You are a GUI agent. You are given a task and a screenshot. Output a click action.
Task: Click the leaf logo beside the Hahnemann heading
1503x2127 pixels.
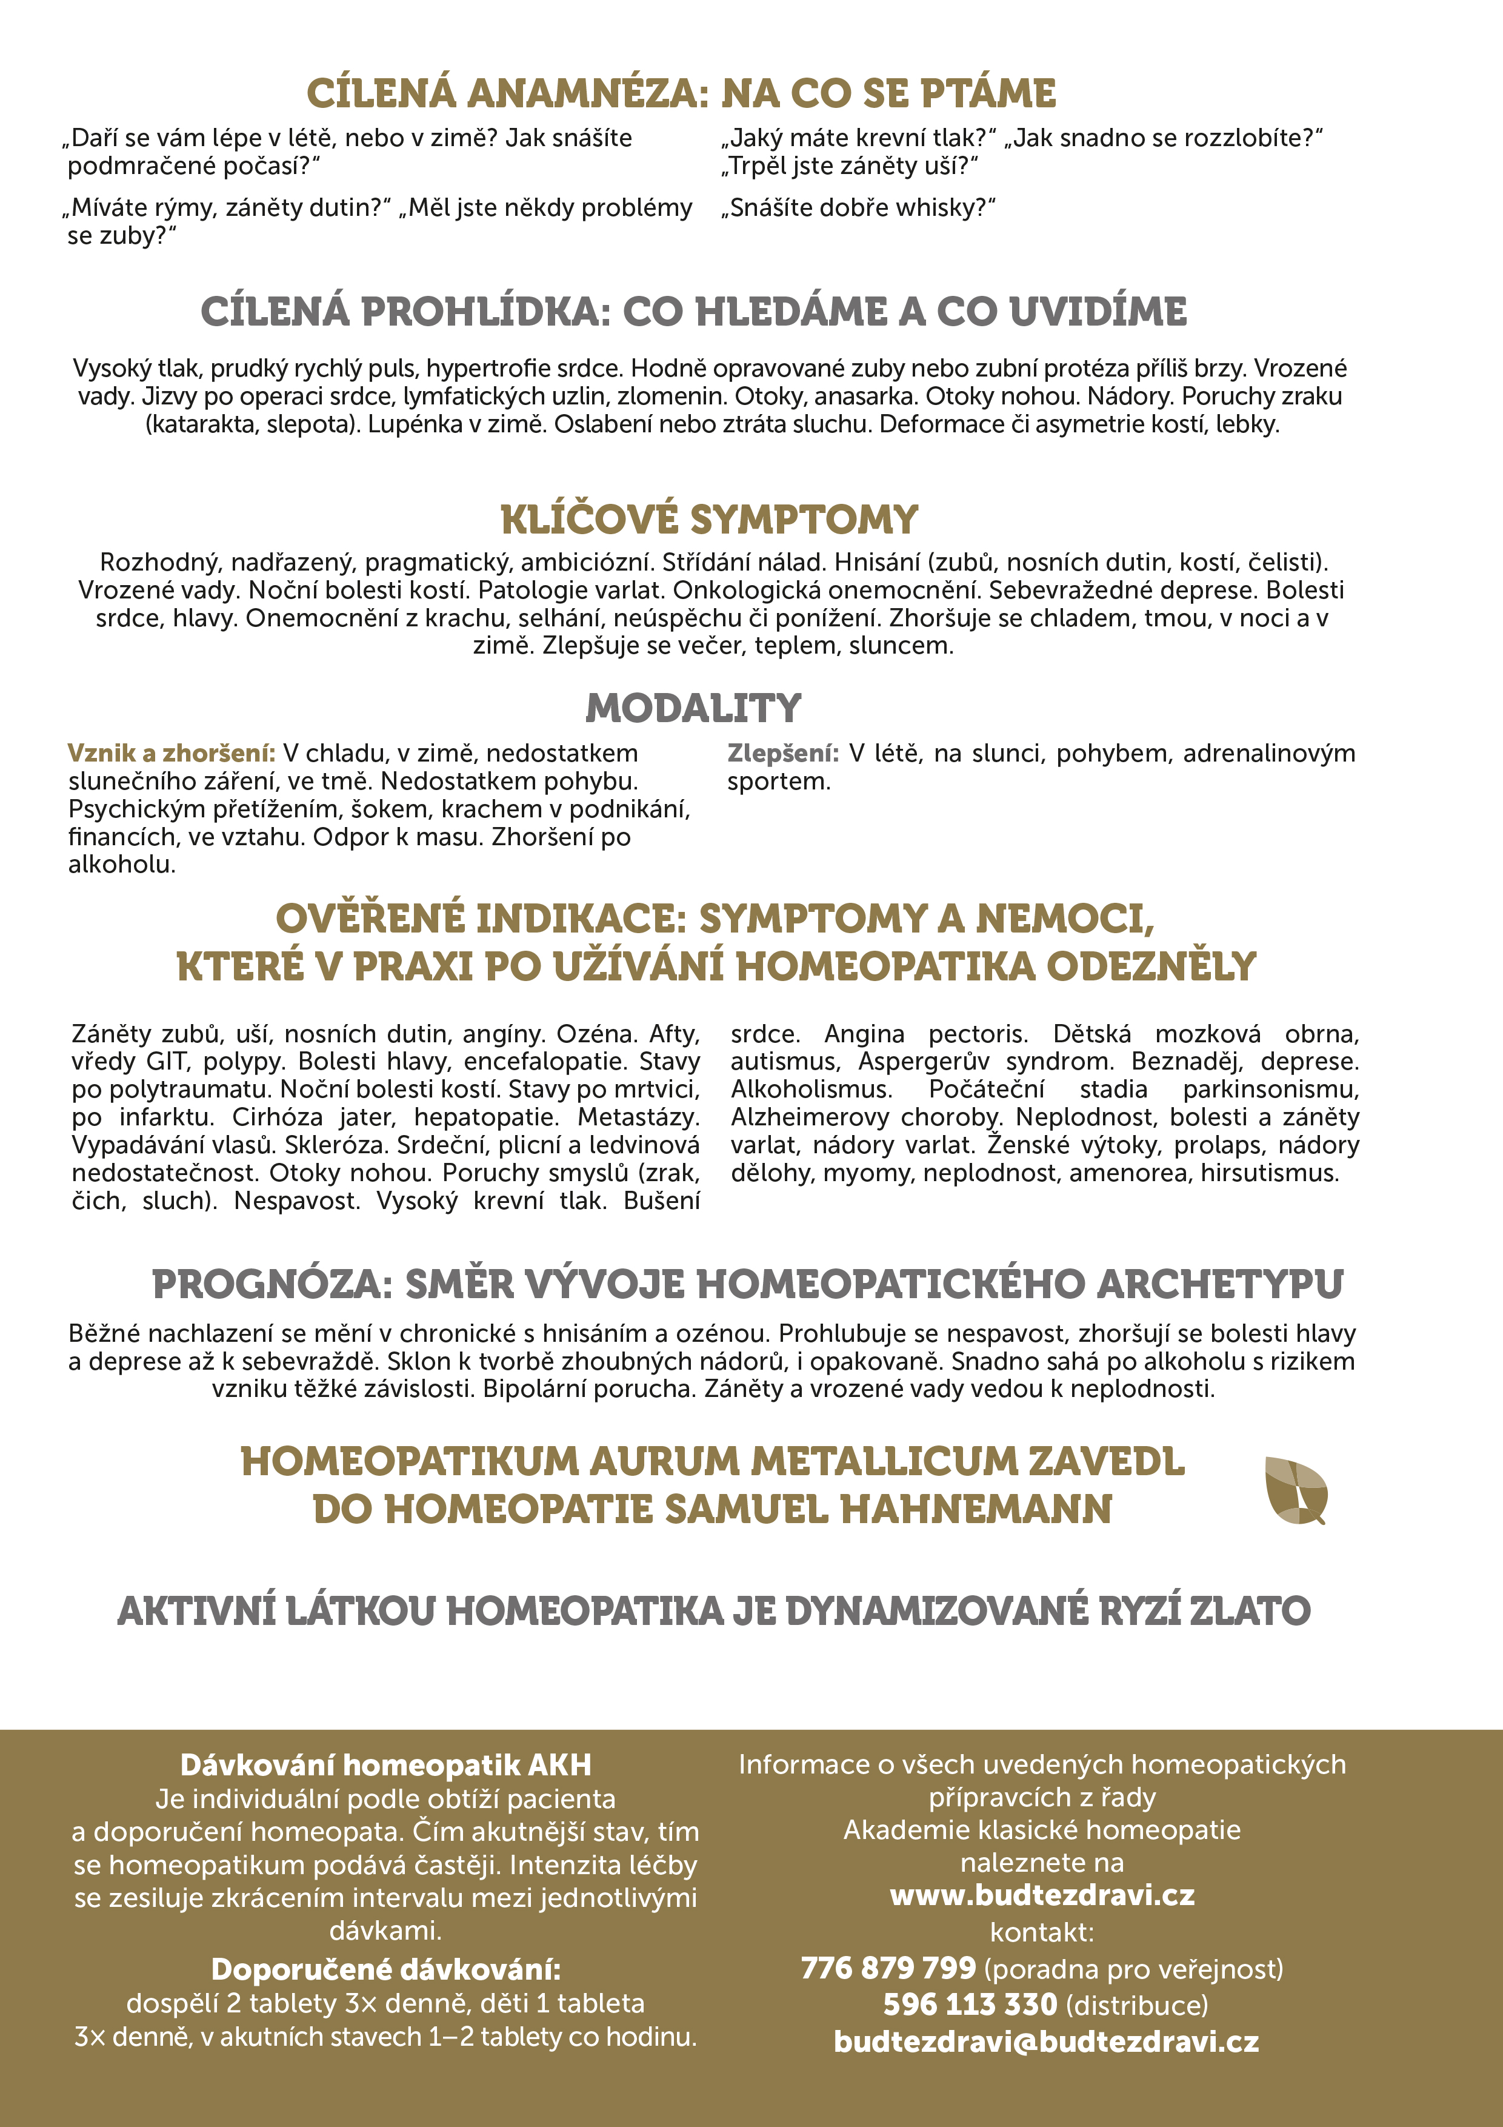click(1296, 1490)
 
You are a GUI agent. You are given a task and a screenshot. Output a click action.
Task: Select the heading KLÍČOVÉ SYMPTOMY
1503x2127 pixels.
click(708, 520)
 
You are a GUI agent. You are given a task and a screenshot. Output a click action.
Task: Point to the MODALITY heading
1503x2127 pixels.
click(693, 709)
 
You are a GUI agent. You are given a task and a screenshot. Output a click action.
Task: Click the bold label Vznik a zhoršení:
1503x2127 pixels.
click(172, 753)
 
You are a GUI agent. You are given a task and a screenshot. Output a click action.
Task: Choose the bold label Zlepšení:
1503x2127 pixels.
click(782, 753)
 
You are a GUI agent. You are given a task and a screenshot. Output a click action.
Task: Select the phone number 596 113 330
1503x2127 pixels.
click(970, 2005)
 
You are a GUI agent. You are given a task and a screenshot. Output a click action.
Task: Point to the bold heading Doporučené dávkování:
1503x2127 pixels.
click(385, 1969)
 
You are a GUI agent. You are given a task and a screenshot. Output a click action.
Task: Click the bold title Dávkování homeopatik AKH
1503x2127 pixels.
click(385, 1765)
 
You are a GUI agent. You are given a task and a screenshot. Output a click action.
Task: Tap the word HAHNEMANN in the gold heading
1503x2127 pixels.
click(976, 1510)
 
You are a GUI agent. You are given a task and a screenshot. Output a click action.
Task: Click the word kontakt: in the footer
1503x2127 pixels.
click(1042, 1932)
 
